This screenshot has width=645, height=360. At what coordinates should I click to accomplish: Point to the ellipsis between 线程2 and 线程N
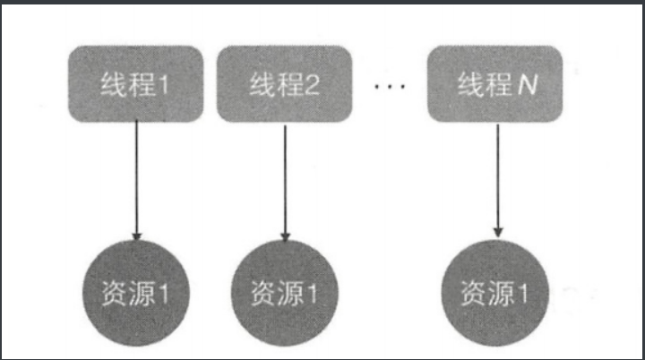391,88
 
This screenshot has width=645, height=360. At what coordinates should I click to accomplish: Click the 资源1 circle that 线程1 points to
136,291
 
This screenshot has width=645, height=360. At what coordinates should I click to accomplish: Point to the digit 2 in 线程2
313,88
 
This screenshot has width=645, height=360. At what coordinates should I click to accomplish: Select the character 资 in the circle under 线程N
471,294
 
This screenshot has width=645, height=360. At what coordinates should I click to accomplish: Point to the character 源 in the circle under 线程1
139,292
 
